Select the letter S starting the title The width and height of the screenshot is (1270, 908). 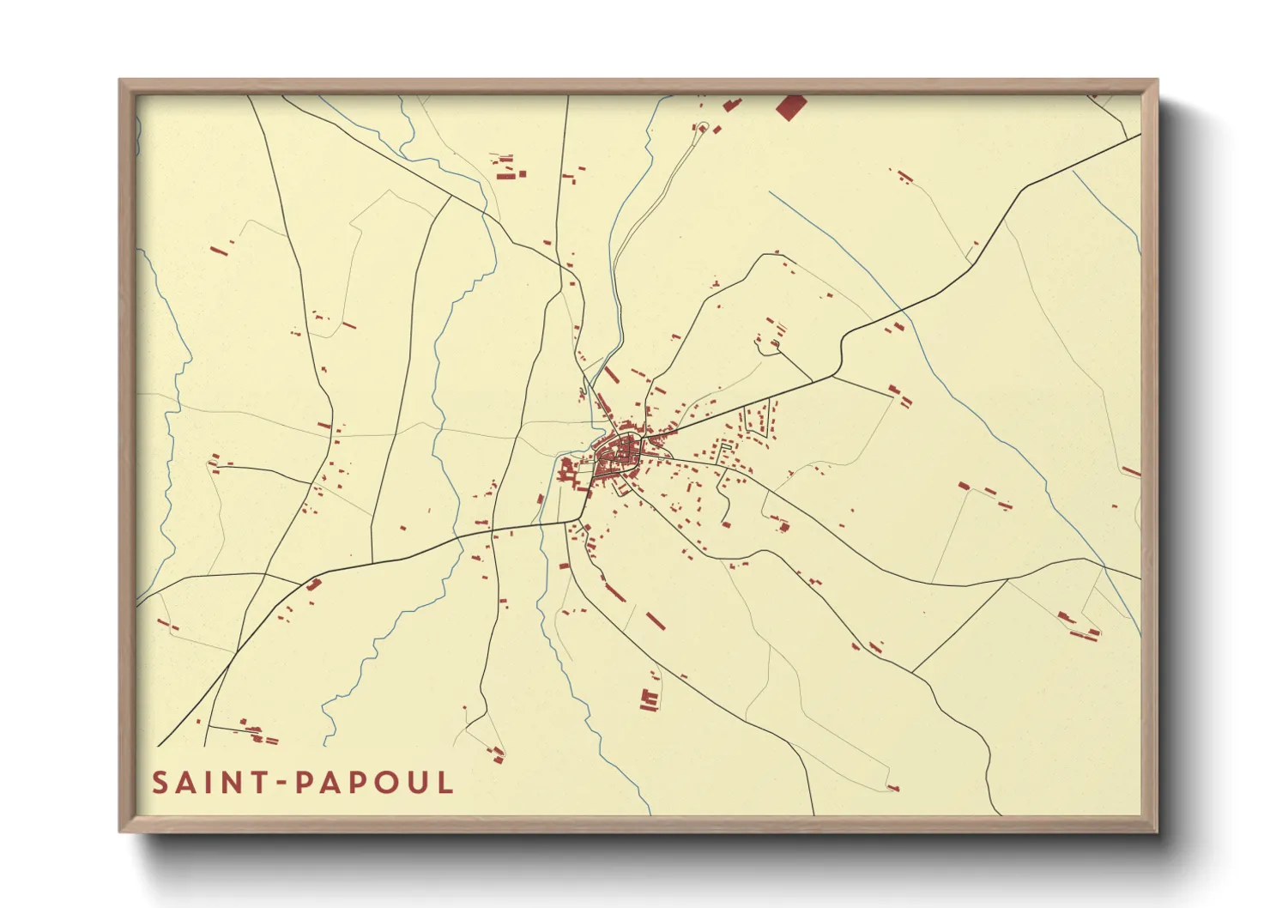(160, 783)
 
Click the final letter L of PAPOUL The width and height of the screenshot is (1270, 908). (444, 783)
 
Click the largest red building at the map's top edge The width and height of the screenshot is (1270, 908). (790, 106)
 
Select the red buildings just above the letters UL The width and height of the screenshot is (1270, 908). (497, 754)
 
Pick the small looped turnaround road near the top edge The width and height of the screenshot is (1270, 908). (702, 128)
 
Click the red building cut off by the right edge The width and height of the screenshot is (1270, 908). (1132, 471)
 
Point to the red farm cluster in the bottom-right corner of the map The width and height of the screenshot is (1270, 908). (1078, 627)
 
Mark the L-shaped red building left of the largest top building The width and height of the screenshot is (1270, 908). (731, 105)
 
